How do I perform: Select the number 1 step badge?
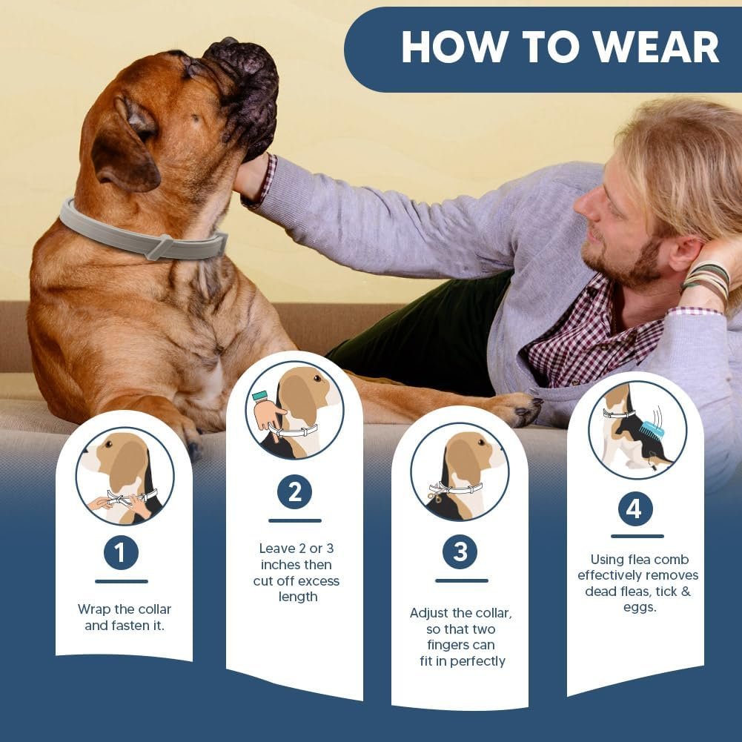pyautogui.click(x=121, y=552)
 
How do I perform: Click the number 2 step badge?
pyautogui.click(x=294, y=492)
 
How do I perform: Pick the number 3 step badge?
pyautogui.click(x=460, y=552)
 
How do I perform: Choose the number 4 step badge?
pyautogui.click(x=635, y=509)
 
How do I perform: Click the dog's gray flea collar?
pyautogui.click(x=141, y=238)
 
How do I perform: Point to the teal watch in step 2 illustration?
pyautogui.click(x=260, y=396)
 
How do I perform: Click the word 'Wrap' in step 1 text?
pyautogui.click(x=95, y=609)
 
